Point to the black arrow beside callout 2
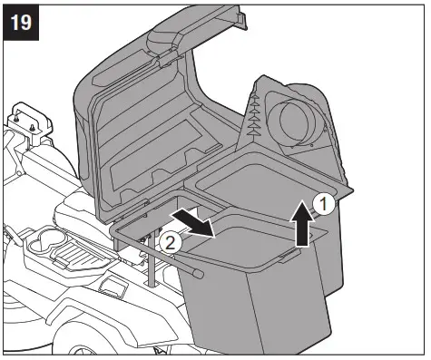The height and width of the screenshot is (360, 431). pyautogui.click(x=193, y=220)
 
